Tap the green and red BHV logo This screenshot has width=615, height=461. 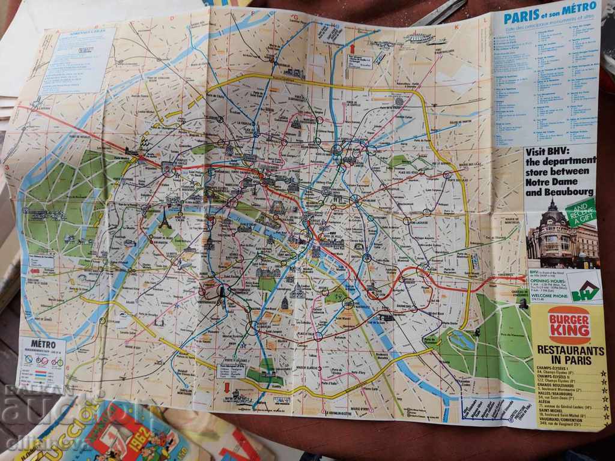pos(584,288)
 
